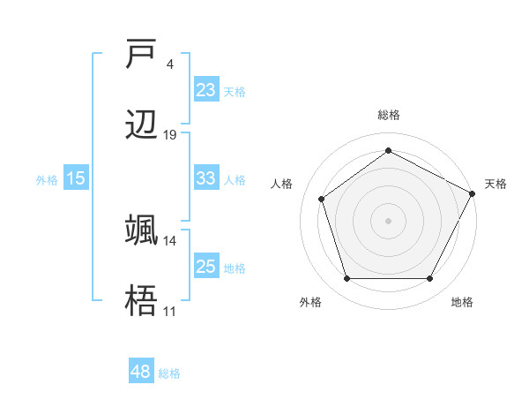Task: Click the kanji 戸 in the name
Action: click(142, 55)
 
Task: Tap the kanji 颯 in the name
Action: click(142, 230)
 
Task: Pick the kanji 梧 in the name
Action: click(142, 301)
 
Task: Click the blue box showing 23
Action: click(205, 90)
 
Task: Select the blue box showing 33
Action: click(205, 178)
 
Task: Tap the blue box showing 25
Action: click(205, 267)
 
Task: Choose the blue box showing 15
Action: click(76, 178)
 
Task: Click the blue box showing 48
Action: click(141, 372)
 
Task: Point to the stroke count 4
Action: click(169, 64)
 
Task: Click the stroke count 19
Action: click(170, 135)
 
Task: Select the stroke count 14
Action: click(170, 240)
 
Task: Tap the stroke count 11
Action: click(170, 311)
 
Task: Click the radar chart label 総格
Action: click(389, 116)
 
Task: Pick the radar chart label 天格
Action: click(495, 184)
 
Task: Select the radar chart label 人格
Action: click(282, 184)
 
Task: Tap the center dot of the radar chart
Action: click(389, 220)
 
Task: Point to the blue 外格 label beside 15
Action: click(47, 179)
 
